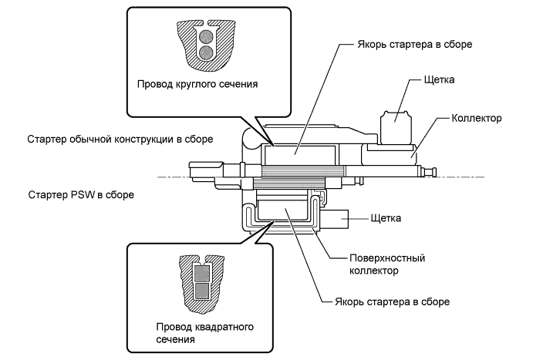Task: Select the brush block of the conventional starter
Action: point(395,118)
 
